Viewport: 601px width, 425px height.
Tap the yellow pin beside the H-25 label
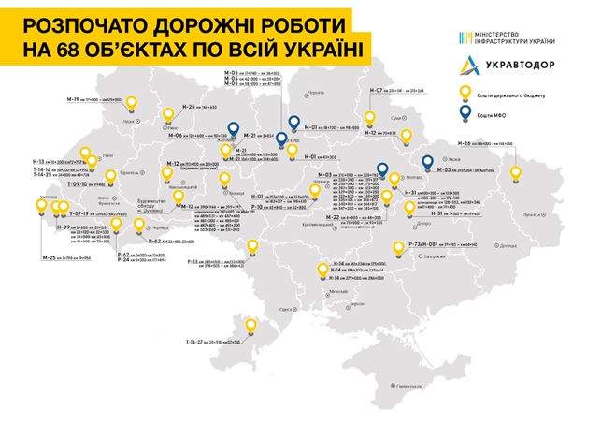point(169,112)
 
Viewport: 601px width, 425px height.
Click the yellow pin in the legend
point(464,93)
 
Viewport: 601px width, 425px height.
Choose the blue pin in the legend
point(464,114)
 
